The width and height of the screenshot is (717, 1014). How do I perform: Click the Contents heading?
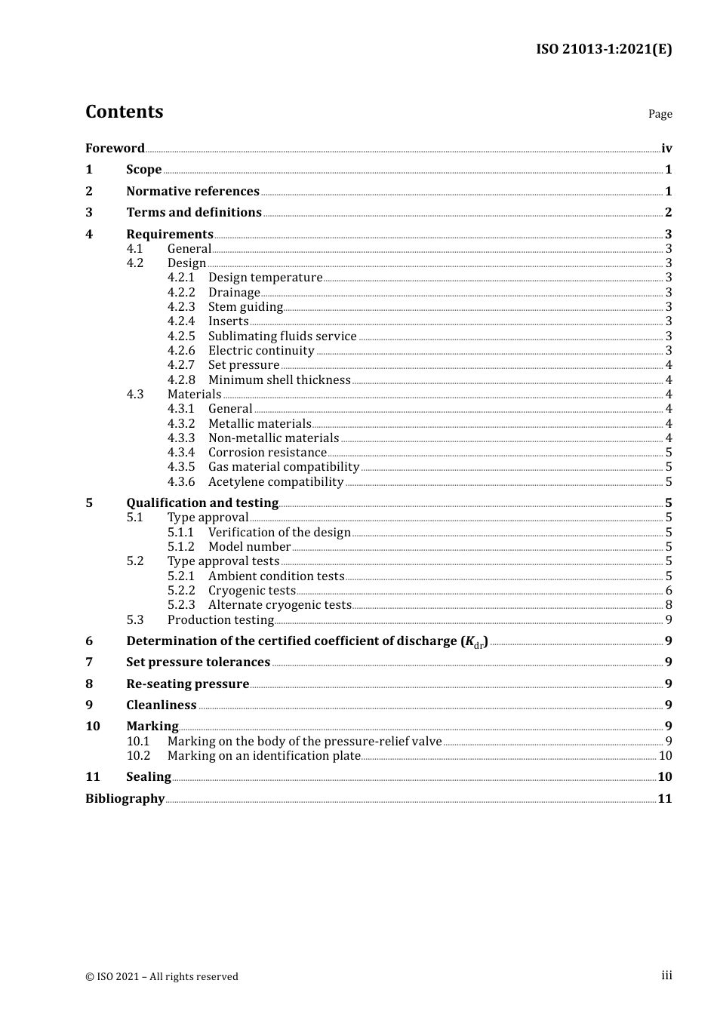click(x=124, y=112)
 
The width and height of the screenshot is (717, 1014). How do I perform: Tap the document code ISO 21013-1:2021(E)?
click(x=604, y=49)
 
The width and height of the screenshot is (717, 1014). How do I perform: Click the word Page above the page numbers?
click(x=660, y=114)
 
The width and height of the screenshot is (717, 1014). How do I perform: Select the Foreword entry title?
click(x=115, y=148)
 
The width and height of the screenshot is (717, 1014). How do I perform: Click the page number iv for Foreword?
click(x=666, y=148)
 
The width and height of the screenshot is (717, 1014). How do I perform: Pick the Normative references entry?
click(x=192, y=191)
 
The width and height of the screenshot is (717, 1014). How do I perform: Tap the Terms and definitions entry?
click(x=194, y=212)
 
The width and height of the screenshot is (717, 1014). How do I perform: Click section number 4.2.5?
click(x=181, y=336)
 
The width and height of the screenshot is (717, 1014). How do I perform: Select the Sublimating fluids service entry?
click(x=282, y=336)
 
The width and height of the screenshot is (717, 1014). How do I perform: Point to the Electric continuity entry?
click(x=261, y=350)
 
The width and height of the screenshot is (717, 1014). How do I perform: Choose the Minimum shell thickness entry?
click(x=279, y=379)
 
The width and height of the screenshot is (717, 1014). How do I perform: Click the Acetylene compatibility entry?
click(x=275, y=481)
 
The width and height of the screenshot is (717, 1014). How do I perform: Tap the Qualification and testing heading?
click(x=202, y=502)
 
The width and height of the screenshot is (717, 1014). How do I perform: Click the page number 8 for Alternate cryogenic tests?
click(x=669, y=604)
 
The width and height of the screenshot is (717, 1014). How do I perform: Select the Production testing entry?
click(x=220, y=619)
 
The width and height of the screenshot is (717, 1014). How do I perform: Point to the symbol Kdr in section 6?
click(x=474, y=641)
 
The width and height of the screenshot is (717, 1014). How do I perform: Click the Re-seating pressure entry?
click(x=187, y=684)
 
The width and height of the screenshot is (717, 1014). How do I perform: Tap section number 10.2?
click(x=138, y=755)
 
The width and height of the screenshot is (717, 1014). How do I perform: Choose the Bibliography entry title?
click(x=125, y=798)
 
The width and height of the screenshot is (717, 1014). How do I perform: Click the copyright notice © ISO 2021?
click(x=162, y=976)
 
